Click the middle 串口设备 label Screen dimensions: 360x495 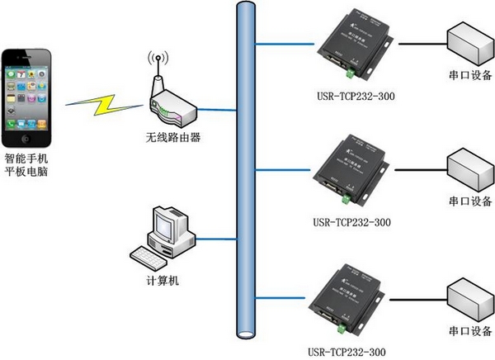[470, 201]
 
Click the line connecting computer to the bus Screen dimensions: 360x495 [217, 239]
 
